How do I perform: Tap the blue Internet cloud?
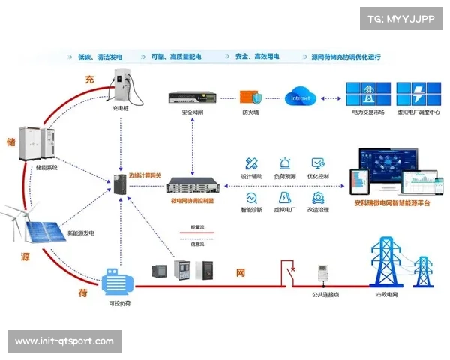coord(300,97)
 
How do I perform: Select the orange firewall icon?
coord(250,97)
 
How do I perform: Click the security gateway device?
coord(192,97)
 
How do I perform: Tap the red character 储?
coord(11,141)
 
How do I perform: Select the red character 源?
coord(25,256)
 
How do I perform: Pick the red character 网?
coord(241,272)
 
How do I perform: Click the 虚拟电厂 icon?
coord(286,198)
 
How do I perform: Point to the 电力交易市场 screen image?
coord(368,96)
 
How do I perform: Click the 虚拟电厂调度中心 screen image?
coord(417,96)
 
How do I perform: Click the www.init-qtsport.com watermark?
coord(64,341)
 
